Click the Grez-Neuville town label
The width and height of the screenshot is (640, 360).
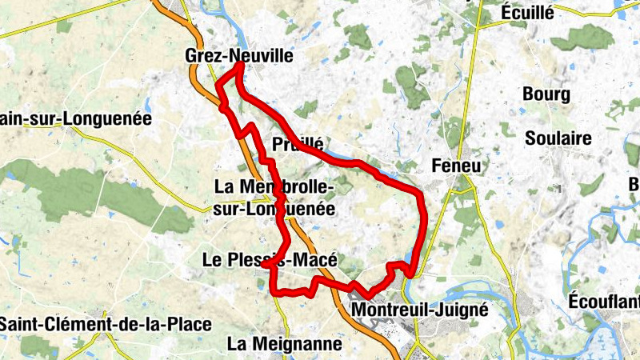238,56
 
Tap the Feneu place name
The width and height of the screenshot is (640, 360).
458,166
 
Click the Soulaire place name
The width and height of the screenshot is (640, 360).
558,138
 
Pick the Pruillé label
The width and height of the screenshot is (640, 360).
298,145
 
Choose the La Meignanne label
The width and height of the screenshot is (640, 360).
284,344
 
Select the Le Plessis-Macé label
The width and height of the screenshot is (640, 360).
269,260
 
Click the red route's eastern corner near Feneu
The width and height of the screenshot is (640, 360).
421,194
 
